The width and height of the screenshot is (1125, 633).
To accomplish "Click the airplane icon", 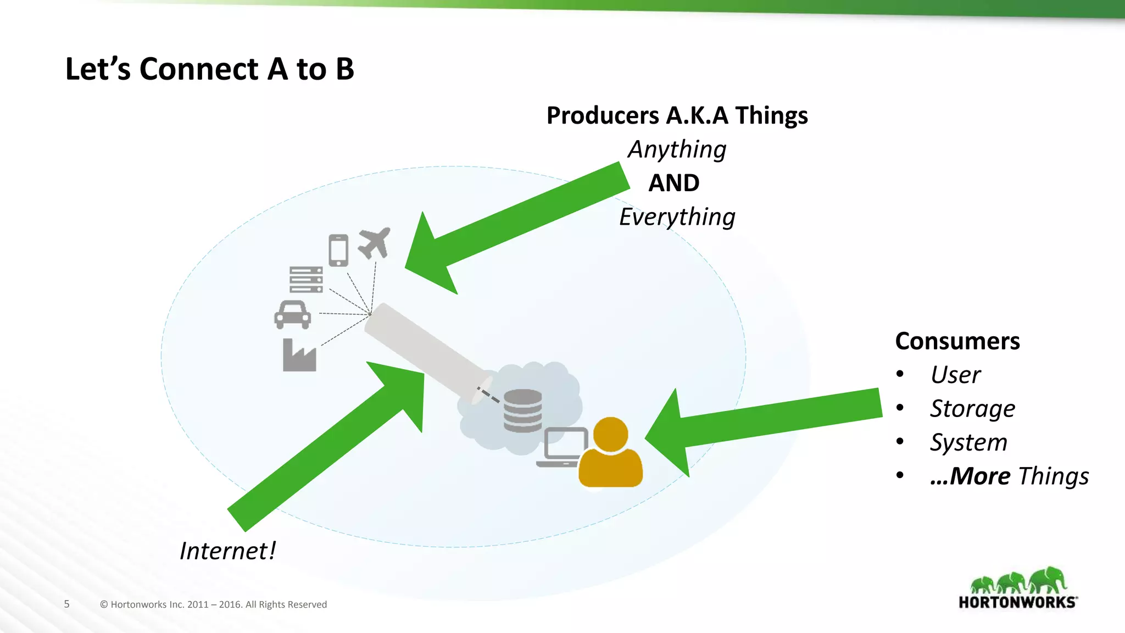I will point(375,242).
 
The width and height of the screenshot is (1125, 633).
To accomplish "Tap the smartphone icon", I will point(338,250).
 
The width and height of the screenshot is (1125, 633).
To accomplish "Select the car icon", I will point(292,315).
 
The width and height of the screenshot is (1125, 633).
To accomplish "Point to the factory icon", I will point(299,356).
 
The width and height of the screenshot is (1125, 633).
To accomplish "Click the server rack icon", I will point(306,279).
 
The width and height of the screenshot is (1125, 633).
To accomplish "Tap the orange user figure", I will point(610,453).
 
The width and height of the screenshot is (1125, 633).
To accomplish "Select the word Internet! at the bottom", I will point(227,551).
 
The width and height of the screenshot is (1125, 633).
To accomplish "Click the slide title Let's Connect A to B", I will point(209,69).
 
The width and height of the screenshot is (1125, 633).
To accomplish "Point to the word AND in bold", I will point(673,183).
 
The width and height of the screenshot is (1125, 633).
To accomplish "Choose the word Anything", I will point(677,149).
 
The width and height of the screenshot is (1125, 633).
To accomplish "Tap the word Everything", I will point(677,217).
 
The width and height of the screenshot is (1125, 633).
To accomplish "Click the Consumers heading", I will point(957,341).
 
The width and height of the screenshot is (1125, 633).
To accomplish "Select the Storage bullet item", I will point(972,409).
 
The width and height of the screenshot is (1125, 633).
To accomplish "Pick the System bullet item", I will point(968,442).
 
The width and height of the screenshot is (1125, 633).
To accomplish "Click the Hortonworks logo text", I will point(1017,602).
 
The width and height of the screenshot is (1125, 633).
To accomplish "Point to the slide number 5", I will point(67,604).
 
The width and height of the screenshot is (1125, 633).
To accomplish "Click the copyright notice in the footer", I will point(213,604).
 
